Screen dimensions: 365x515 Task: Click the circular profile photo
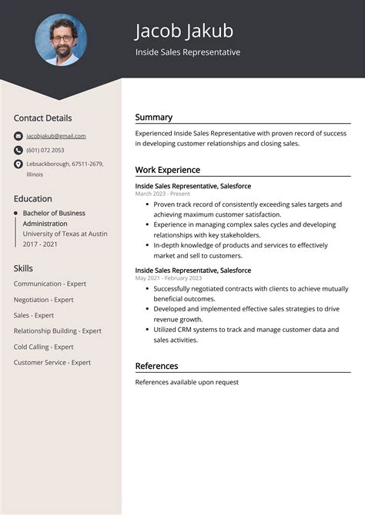tap(61, 40)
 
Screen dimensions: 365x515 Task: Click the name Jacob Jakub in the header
tap(184, 31)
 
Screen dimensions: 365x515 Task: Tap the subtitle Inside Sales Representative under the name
tap(188, 52)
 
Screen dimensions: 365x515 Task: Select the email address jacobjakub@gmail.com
tap(55, 136)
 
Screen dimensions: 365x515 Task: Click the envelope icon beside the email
tap(18, 136)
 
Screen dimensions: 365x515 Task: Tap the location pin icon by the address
tap(18, 164)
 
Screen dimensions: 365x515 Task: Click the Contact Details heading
tap(42, 118)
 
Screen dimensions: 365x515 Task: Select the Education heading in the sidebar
tap(32, 198)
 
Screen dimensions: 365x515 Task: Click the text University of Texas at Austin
tap(65, 233)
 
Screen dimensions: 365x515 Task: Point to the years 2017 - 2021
tap(40, 244)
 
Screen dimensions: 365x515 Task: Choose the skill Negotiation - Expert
tap(43, 300)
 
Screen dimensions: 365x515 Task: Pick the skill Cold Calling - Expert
tap(43, 347)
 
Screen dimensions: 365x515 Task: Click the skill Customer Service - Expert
tap(52, 362)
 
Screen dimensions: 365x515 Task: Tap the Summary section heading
tap(154, 117)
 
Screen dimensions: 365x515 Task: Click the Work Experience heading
tap(167, 170)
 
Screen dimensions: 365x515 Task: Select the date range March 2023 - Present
tap(162, 194)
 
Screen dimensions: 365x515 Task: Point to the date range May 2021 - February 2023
tap(170, 279)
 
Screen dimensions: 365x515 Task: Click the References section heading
tap(156, 366)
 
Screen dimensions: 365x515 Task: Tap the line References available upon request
tap(186, 382)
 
